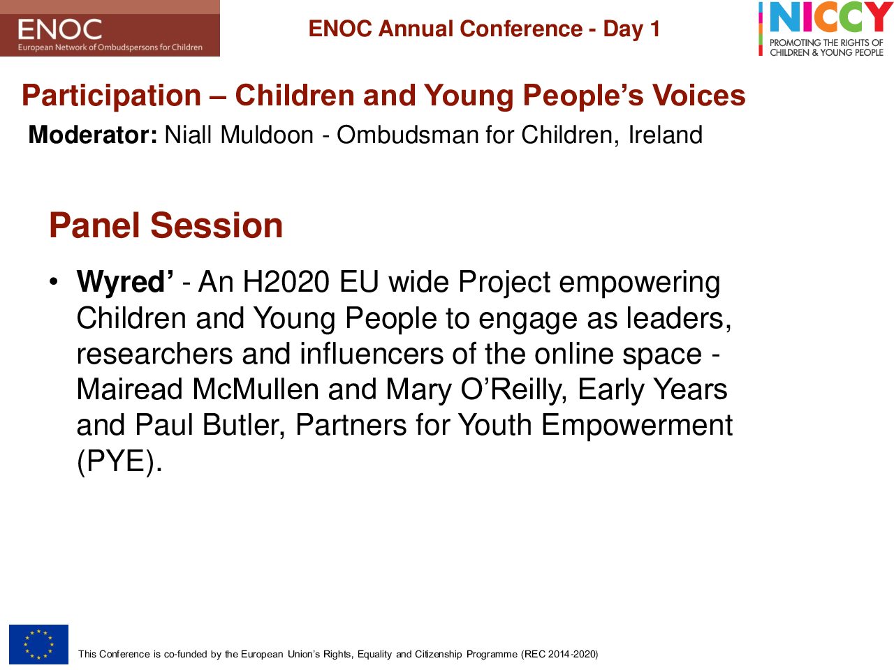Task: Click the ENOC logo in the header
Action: (x=110, y=28)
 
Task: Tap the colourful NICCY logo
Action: (x=826, y=29)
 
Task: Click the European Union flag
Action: (x=38, y=644)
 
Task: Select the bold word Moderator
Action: (x=93, y=135)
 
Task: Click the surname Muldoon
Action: (x=267, y=135)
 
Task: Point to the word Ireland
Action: (x=666, y=135)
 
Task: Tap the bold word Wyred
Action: (x=124, y=283)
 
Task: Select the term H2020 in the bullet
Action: (x=286, y=281)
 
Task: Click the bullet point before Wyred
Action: (x=53, y=282)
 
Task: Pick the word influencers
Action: (x=372, y=354)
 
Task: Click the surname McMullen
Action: (x=256, y=389)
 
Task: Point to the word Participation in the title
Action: (x=112, y=96)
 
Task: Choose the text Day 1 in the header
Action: (x=631, y=29)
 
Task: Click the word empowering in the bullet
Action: (x=640, y=283)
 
